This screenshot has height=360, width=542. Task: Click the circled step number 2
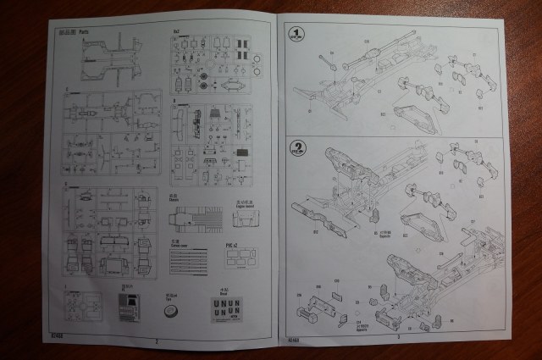(x=297, y=147)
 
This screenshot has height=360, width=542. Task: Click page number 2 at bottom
(x=158, y=341)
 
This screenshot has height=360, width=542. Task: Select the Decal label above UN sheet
(x=224, y=291)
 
